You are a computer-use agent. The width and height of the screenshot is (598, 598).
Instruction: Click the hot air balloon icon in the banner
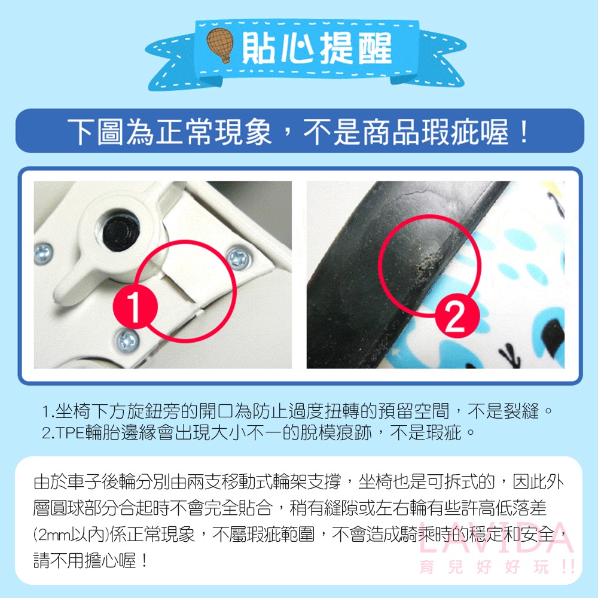[x=220, y=45]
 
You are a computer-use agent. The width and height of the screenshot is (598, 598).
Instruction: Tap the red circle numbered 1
[x=135, y=307]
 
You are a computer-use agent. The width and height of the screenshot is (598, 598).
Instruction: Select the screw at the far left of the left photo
[x=43, y=254]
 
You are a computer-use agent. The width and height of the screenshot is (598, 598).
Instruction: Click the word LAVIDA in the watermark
[x=496, y=538]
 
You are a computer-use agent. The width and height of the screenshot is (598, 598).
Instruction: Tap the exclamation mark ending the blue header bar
[x=524, y=132]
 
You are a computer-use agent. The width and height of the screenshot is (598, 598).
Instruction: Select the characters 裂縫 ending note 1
[x=521, y=411]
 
